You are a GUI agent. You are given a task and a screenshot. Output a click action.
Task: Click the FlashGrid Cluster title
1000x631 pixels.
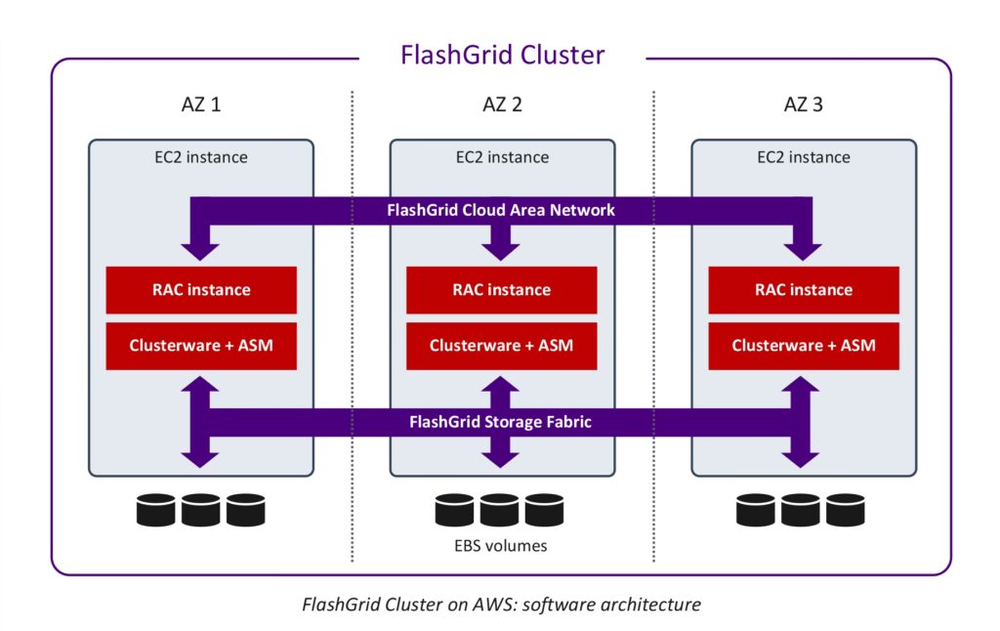502,55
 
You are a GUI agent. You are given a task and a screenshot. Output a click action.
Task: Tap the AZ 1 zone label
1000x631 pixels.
201,105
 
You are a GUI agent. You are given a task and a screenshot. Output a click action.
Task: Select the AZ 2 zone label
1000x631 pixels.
502,105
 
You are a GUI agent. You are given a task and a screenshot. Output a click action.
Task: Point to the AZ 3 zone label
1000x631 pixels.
804,105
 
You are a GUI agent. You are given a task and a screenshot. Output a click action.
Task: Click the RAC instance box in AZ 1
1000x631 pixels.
201,289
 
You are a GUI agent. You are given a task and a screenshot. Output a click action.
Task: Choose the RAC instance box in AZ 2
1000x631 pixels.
502,289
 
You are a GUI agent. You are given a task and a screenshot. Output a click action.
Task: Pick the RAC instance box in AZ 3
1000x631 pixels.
804,289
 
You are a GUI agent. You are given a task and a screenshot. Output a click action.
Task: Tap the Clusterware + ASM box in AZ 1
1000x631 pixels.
201,345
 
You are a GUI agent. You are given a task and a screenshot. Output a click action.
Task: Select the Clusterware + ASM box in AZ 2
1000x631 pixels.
502,345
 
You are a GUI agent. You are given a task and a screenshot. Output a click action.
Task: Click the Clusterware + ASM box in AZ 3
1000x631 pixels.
804,345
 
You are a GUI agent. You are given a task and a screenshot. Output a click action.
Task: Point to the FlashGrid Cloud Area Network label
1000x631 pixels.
502,210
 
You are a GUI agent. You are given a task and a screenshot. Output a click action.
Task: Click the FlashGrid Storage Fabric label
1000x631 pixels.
502,423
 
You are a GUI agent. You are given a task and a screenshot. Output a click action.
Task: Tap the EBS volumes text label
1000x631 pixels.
502,546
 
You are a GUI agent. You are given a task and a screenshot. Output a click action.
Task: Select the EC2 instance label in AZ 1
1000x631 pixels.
201,156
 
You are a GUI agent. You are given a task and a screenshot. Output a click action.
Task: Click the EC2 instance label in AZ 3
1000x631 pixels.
804,156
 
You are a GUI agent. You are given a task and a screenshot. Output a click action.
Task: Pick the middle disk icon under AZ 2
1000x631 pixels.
500,510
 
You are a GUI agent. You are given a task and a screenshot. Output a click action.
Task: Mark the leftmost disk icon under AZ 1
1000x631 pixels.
156,510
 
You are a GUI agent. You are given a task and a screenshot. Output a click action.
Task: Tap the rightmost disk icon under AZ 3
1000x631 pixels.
846,510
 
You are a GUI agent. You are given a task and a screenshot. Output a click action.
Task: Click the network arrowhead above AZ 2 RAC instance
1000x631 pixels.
502,248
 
